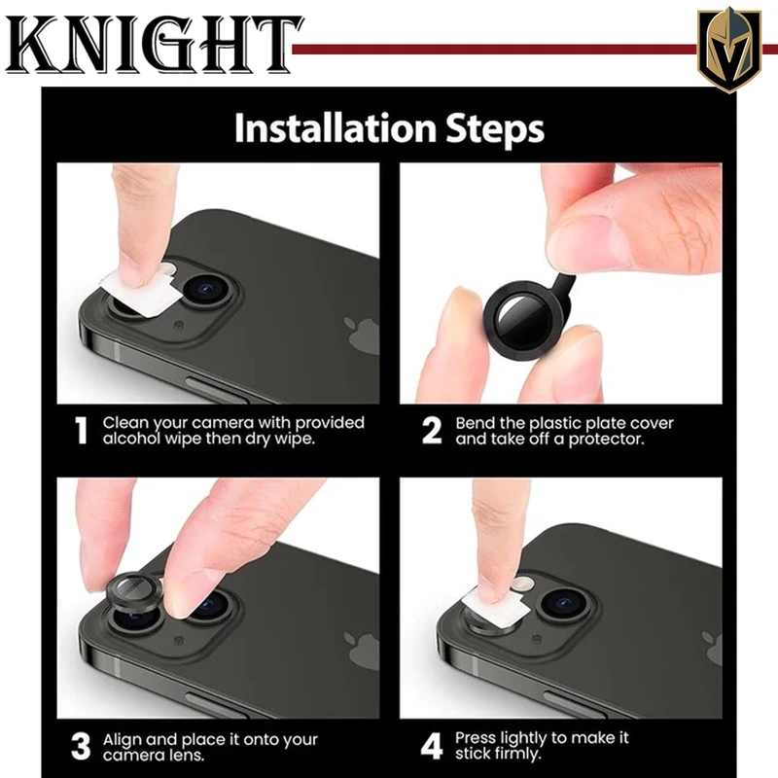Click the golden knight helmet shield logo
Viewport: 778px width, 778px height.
pos(728,50)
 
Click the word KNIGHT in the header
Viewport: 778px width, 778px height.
pos(154,45)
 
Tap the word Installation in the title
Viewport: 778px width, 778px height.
pos(336,128)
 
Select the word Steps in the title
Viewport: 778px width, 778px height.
pos(495,129)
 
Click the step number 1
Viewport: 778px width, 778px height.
pos(81,430)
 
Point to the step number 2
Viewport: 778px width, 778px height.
pos(432,430)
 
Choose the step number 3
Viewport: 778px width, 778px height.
pos(81,746)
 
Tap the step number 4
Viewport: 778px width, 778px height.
pos(432,746)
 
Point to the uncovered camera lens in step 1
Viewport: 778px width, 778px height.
pos(207,289)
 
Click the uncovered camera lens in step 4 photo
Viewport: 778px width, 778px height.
pos(564,603)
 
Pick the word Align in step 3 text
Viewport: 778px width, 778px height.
pos(123,740)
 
